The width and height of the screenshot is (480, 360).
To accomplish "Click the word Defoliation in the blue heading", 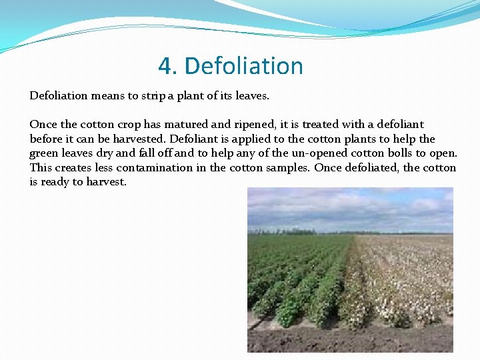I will pos(243,66).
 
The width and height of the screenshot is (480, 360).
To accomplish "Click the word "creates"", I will pos(76,168).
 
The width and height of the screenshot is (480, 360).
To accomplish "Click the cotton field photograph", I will pos(350,269).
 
